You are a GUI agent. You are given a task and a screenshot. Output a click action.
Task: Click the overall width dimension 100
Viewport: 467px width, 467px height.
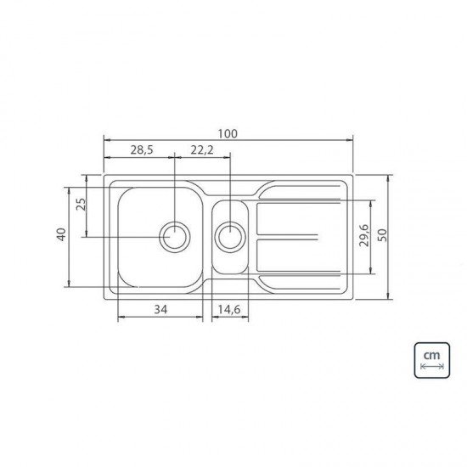(228, 133)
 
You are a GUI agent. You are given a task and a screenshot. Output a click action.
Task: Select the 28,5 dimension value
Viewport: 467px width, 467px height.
(142, 149)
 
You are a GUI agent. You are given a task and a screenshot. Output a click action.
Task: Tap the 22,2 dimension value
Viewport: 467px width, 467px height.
(202, 149)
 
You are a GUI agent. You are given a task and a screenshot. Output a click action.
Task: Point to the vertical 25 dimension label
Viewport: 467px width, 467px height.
(81, 205)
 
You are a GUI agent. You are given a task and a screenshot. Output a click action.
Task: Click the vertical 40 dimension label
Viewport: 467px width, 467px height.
(61, 234)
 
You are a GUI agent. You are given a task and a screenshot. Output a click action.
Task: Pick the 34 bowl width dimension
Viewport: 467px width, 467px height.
(160, 309)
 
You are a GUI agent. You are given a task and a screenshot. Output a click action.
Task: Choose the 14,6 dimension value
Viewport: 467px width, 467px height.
(229, 309)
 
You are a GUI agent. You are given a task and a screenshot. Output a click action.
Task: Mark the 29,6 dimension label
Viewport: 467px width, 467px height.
(364, 235)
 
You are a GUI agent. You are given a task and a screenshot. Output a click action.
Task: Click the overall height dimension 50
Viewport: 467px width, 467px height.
(382, 235)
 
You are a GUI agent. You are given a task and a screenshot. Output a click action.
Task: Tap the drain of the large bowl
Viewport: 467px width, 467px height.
(175, 237)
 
